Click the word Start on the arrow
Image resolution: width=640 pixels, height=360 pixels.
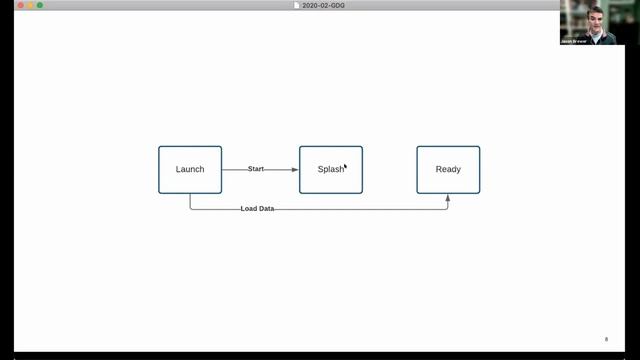(256, 169)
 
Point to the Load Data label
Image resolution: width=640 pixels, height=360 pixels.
(257, 209)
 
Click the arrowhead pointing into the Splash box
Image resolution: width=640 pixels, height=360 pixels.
(295, 169)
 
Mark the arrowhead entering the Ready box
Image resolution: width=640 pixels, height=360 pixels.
(448, 197)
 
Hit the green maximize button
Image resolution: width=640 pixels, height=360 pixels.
(40, 5)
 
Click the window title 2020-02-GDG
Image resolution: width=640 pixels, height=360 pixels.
(324, 5)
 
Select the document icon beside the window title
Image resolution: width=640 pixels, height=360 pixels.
(296, 5)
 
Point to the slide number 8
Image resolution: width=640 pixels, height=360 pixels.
(606, 339)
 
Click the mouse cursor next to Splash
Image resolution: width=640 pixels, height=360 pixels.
(346, 167)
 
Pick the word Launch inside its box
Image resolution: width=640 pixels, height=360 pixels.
(190, 169)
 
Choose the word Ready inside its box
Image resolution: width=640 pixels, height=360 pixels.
(448, 169)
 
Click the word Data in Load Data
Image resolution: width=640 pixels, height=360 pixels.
(265, 209)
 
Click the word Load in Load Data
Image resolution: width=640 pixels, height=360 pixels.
(248, 209)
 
